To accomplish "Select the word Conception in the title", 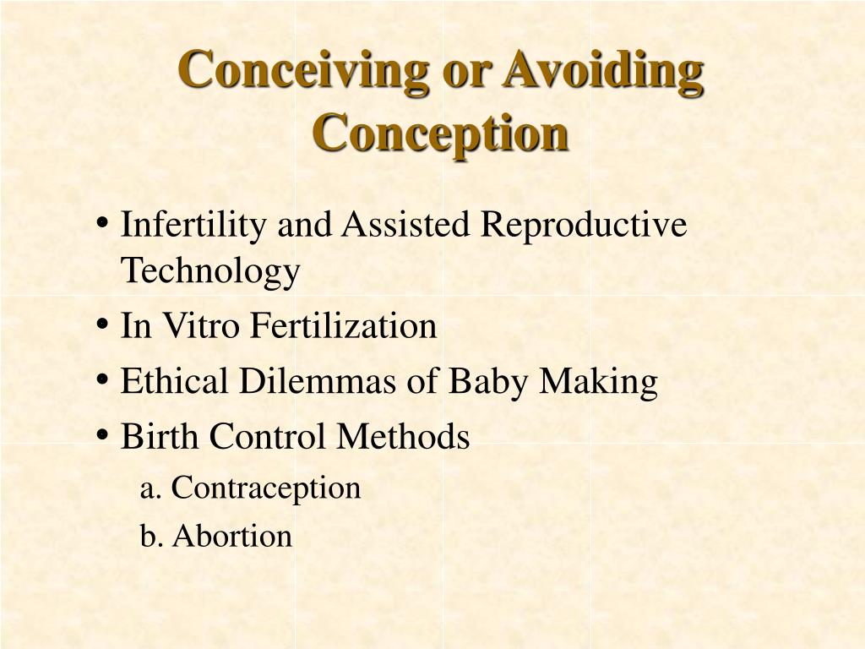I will click(x=440, y=133).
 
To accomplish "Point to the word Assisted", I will click(x=405, y=226).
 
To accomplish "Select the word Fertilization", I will click(x=342, y=326).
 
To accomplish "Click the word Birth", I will click(x=160, y=437).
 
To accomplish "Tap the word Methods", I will click(x=403, y=437).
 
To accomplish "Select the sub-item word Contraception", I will click(x=266, y=488).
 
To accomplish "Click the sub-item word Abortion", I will click(x=232, y=536).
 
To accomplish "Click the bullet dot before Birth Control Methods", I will click(x=101, y=436).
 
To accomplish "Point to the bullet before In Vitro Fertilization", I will click(x=101, y=325).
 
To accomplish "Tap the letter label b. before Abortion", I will click(x=151, y=536).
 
